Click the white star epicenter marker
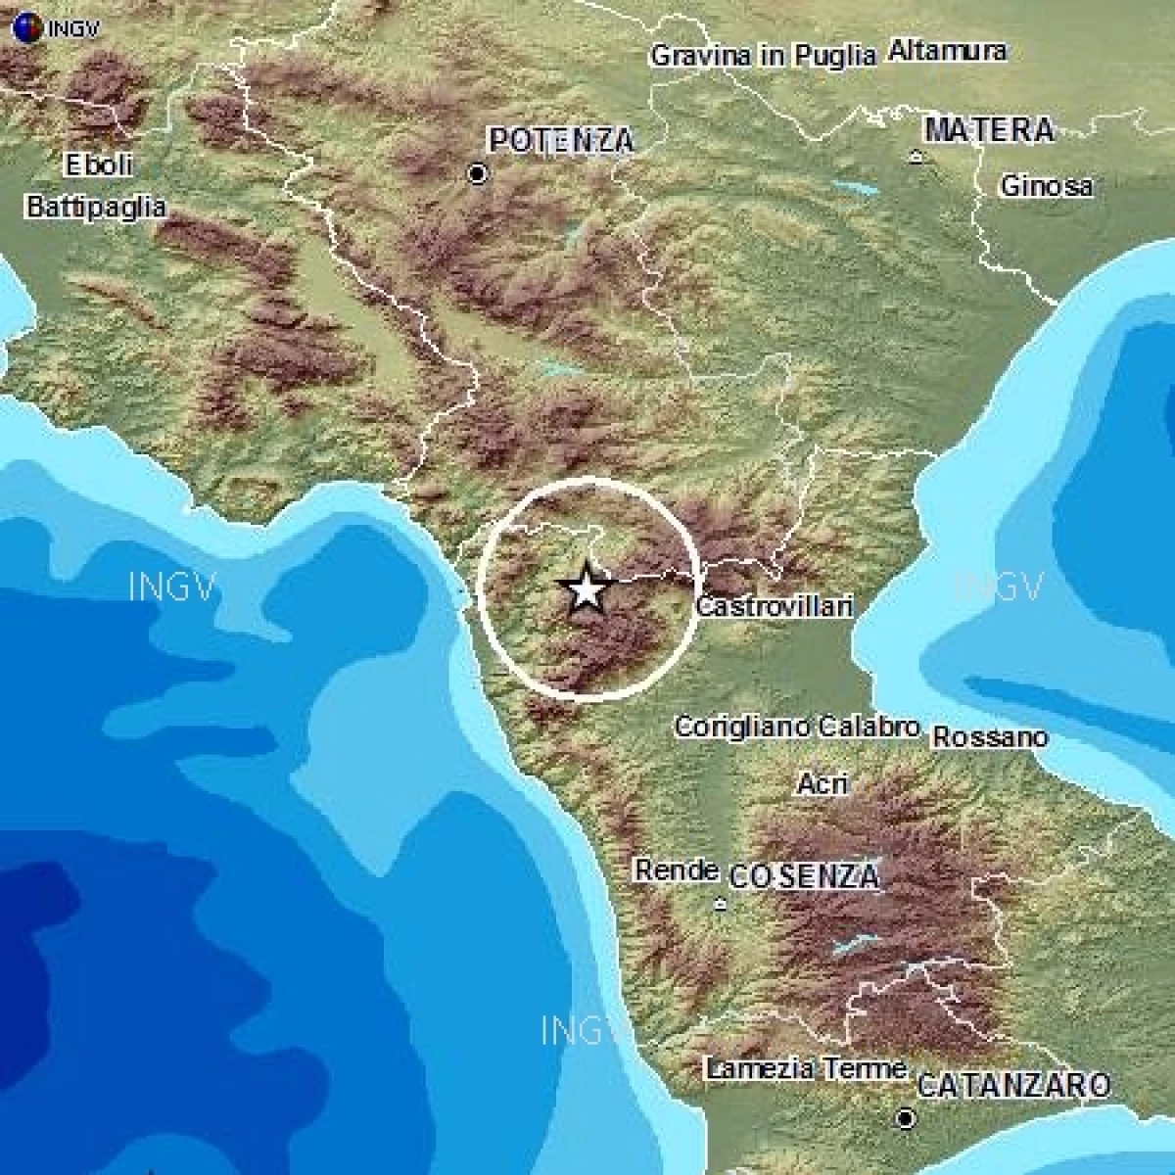point(586,589)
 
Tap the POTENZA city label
point(561,141)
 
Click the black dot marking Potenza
point(478,174)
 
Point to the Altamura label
point(947,51)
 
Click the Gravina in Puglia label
point(763,56)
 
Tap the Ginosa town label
point(1046,186)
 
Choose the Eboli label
point(98,164)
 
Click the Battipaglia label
point(96,208)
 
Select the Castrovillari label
point(774,607)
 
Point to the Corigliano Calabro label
point(797,728)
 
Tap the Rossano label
point(989,737)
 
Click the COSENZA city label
point(804,876)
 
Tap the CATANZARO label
point(1013,1085)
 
